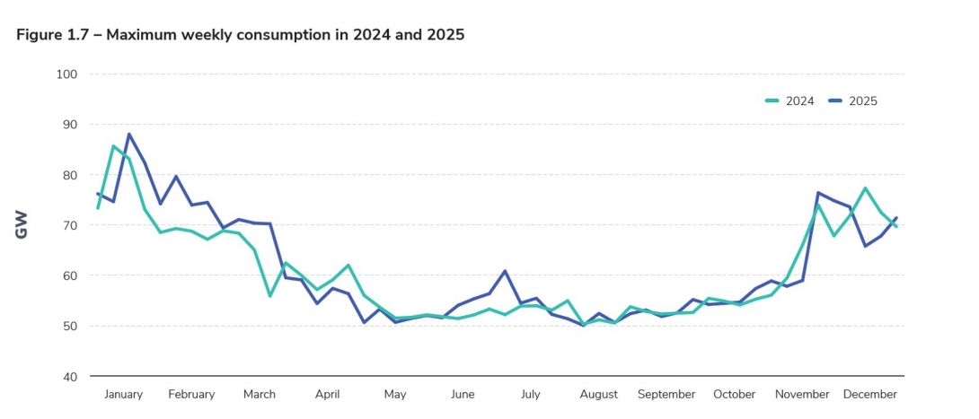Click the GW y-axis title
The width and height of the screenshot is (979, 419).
[x=22, y=225]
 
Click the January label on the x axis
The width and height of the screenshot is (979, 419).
[x=124, y=394]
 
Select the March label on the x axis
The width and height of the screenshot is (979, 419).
[x=260, y=394]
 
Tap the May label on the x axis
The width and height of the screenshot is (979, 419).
[x=395, y=394]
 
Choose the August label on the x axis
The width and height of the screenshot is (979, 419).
[x=599, y=394]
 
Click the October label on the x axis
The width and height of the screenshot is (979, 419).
[x=735, y=394]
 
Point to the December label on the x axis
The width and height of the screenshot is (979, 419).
[x=870, y=394]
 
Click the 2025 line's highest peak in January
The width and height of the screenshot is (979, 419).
[x=128, y=135]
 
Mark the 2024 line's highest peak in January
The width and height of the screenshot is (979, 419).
[x=113, y=145]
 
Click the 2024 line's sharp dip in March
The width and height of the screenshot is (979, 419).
[x=269, y=295]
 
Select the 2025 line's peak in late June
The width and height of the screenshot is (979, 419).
[x=505, y=271]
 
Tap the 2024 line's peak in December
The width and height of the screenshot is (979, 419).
[x=864, y=188]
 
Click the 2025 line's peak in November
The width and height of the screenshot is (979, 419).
[x=818, y=193]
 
